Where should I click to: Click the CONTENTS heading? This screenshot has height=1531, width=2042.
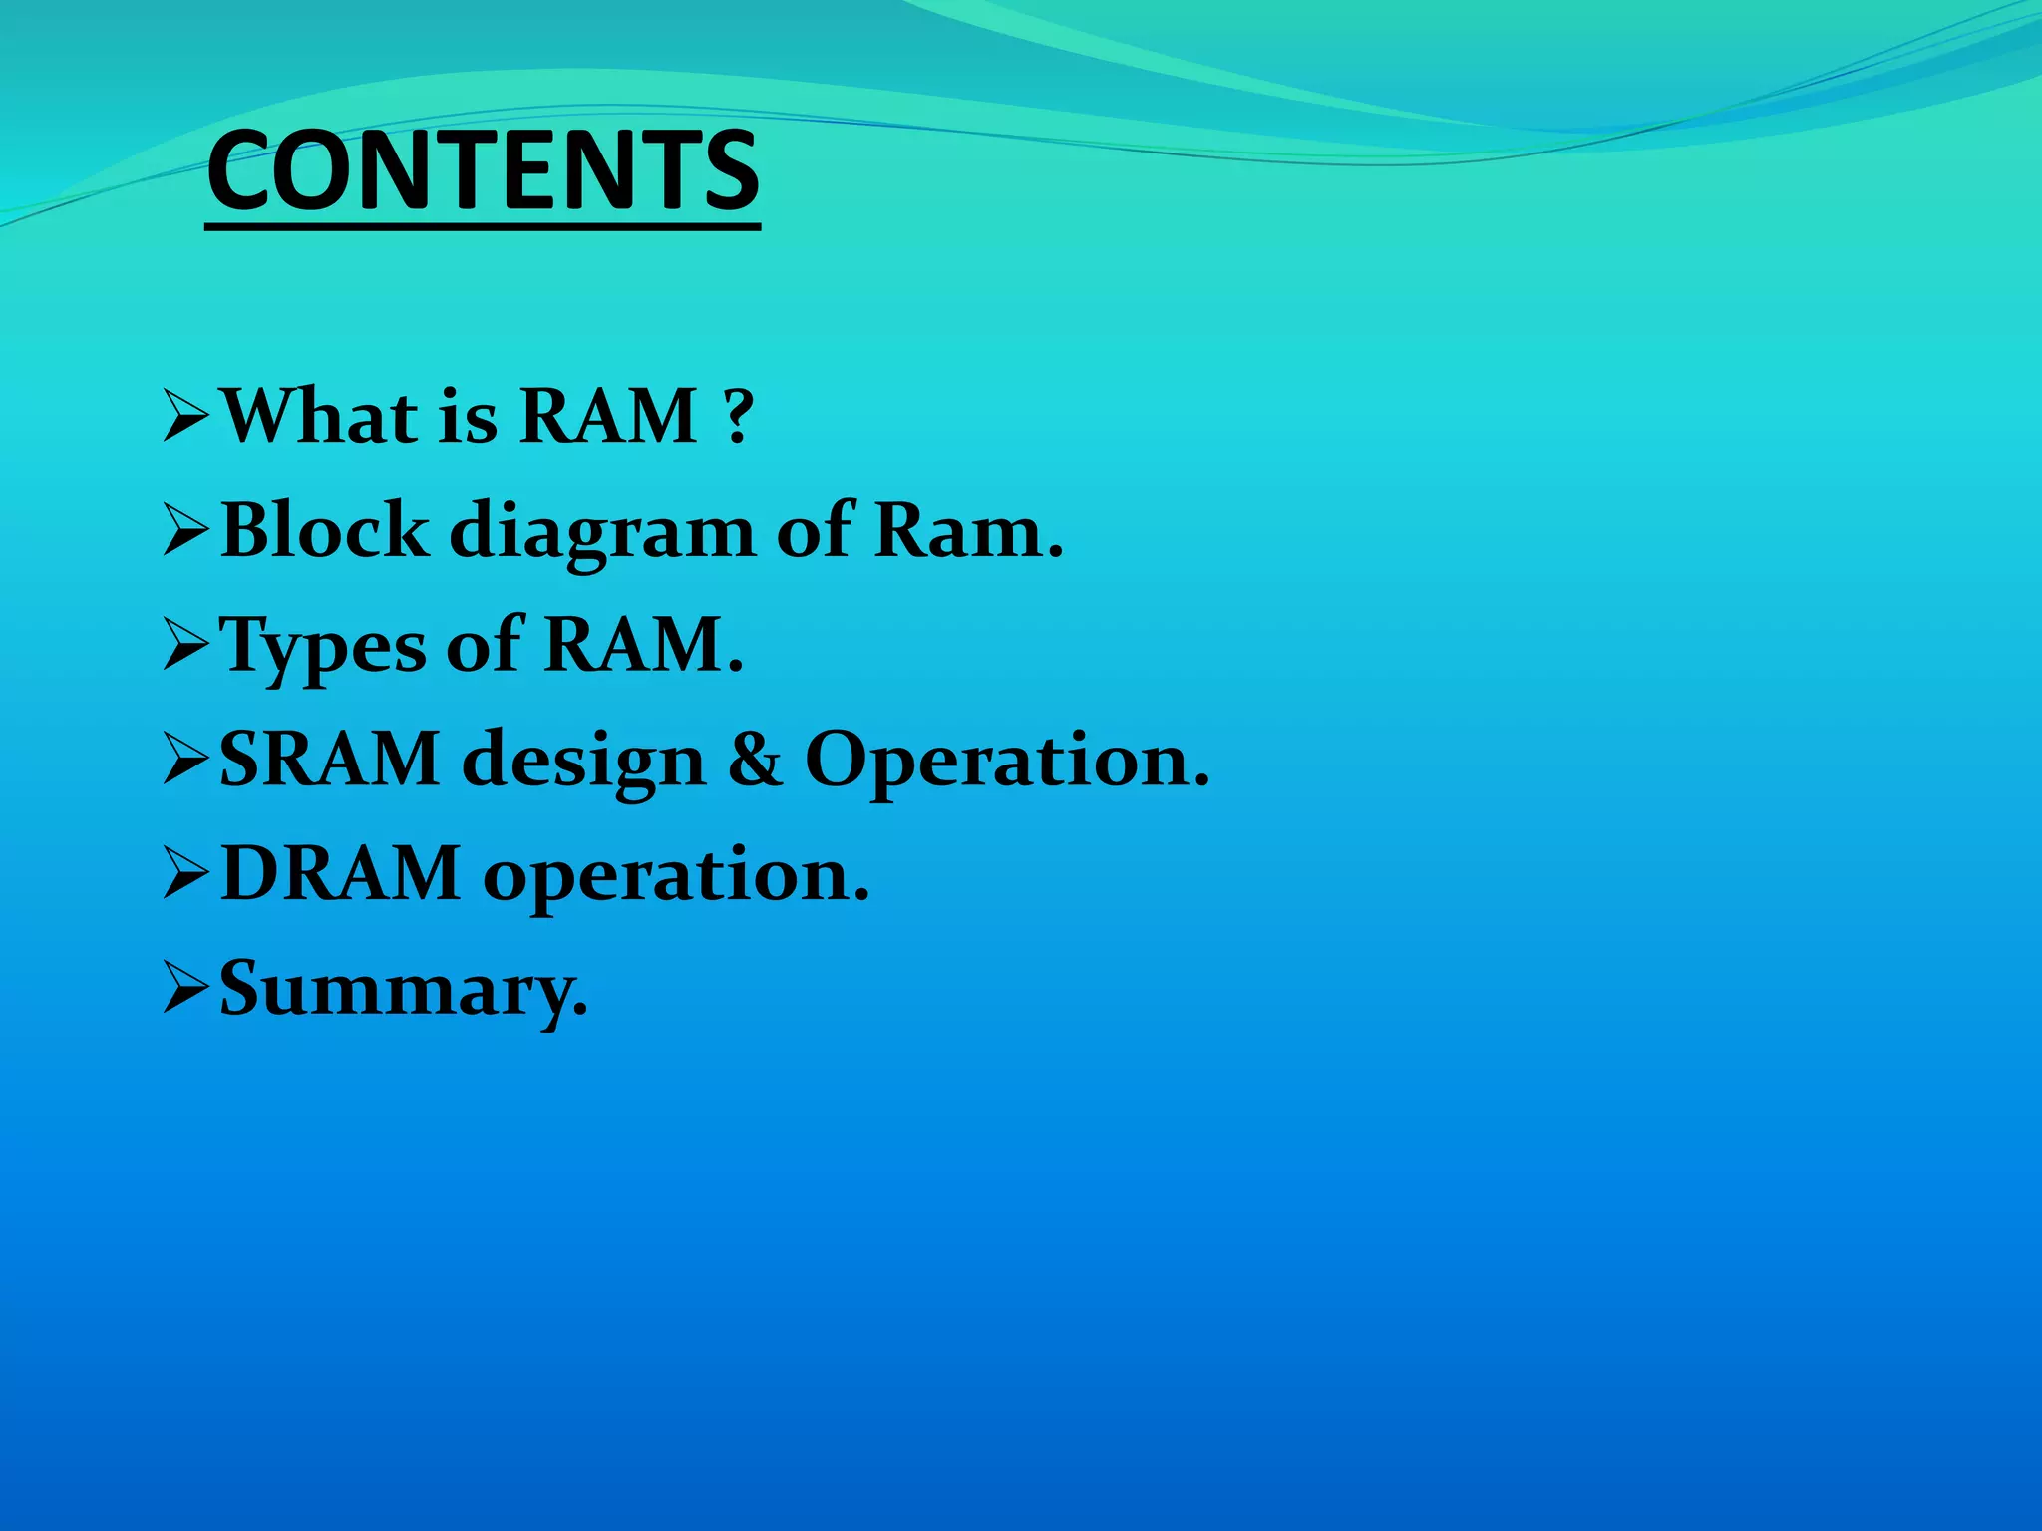tap(483, 171)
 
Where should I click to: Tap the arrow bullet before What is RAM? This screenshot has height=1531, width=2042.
tap(185, 417)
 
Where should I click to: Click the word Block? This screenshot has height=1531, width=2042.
tap(324, 531)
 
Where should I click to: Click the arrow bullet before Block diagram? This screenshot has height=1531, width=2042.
tap(185, 531)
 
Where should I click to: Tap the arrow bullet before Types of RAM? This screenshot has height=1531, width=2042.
tap(185, 646)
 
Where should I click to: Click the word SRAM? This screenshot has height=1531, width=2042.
tap(329, 760)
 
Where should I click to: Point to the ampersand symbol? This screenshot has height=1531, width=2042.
tap(755, 760)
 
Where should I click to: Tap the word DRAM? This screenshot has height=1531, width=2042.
tap(340, 874)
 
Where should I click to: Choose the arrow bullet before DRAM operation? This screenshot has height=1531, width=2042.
tap(185, 875)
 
